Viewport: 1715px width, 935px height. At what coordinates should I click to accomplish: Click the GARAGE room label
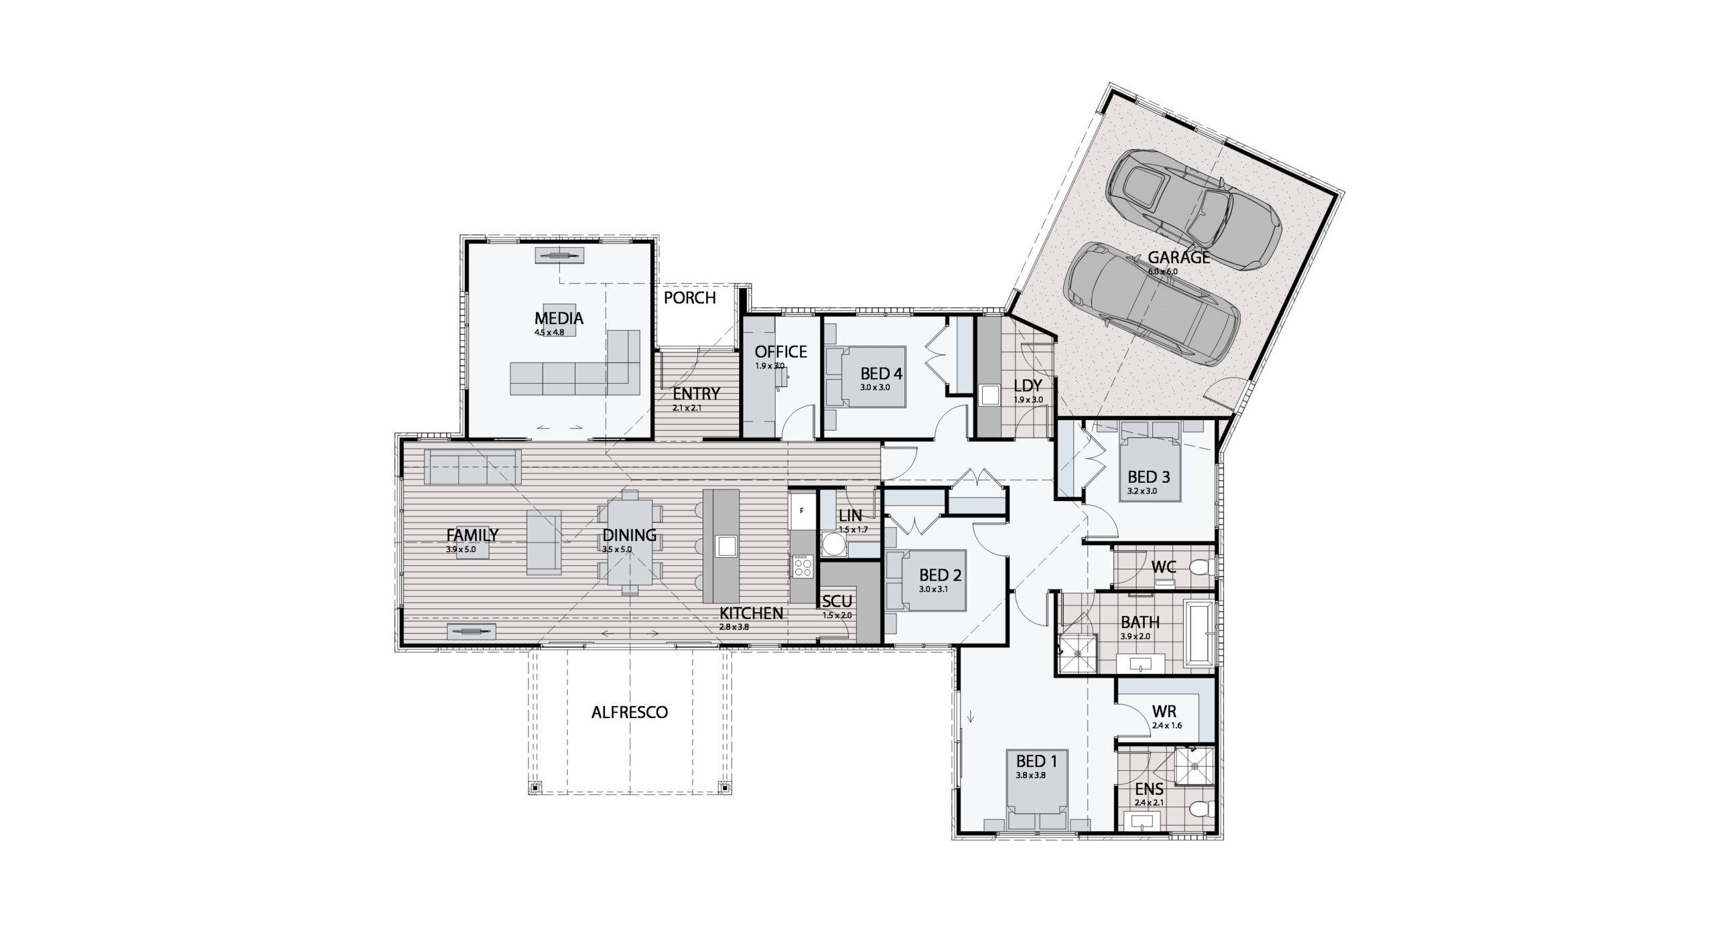[x=1178, y=257]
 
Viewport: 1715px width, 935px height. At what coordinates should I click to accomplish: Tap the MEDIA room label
[x=559, y=319]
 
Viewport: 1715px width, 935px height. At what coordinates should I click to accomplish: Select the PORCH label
[x=689, y=297]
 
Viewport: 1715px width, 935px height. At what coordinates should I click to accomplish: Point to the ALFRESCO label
[x=630, y=712]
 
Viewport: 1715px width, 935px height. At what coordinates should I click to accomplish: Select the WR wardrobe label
[x=1164, y=711]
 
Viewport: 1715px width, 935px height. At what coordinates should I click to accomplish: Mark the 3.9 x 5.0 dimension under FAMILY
[x=461, y=549]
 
